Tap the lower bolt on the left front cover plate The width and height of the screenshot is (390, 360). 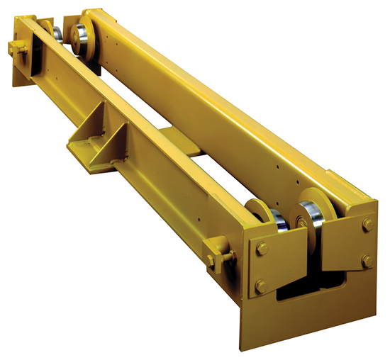(x=261, y=286)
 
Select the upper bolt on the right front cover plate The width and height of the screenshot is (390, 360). (x=367, y=225)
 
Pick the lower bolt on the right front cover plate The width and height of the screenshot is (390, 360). (x=368, y=261)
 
